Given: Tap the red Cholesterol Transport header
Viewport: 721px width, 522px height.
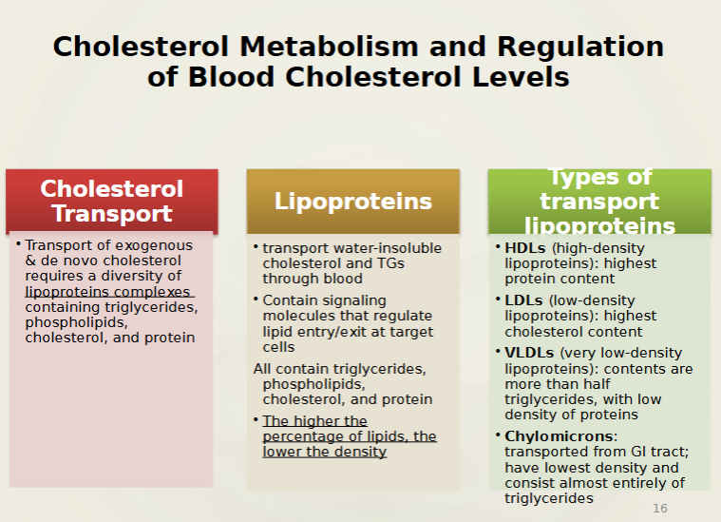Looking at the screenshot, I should tap(111, 201).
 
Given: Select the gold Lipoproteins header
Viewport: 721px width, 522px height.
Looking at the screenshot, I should tap(352, 201).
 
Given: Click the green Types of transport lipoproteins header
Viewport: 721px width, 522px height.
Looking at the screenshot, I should tap(599, 201).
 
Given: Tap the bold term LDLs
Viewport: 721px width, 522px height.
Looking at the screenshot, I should tap(523, 300).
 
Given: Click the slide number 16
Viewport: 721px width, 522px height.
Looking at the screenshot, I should tap(659, 509).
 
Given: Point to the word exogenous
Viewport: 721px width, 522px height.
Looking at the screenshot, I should tap(155, 244).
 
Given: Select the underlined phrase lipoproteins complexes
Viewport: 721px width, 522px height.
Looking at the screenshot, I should tap(108, 292).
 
